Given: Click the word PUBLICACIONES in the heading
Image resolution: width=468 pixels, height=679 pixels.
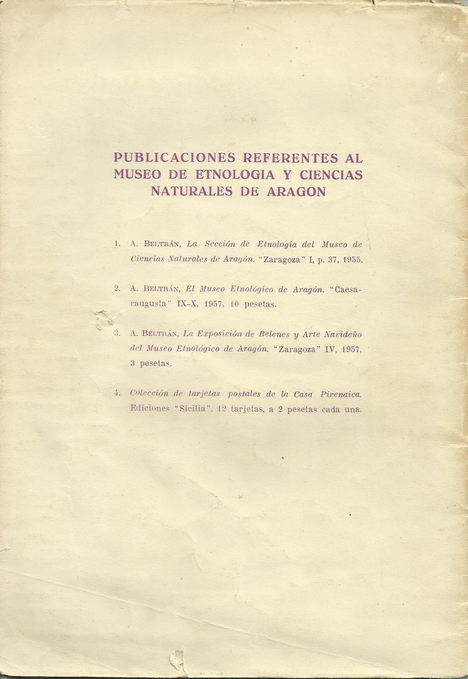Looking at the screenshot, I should (174, 158).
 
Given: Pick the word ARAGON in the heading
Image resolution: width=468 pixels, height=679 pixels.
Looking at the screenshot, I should (296, 191).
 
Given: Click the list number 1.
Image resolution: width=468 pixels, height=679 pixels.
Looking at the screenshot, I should (117, 243).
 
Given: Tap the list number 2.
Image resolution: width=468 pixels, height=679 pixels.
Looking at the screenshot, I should (117, 288).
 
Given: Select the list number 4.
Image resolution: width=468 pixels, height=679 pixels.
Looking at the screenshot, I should (117, 393).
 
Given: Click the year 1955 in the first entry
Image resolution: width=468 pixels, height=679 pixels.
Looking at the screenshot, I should (352, 260).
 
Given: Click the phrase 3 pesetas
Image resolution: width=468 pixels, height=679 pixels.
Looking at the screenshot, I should (151, 364).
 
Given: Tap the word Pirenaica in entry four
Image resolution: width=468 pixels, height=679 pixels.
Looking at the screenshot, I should (341, 394).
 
